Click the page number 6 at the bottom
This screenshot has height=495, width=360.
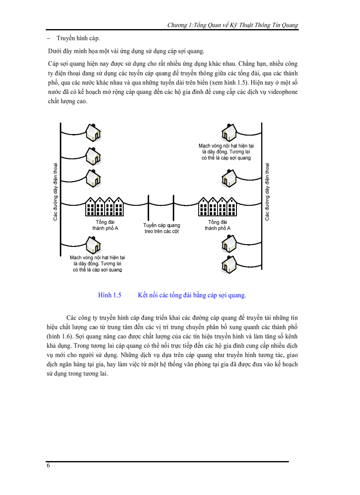48,466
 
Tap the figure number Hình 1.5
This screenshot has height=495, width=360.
109,295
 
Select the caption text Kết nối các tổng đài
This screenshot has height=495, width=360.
191,295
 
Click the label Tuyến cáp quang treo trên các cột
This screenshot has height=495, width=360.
161,228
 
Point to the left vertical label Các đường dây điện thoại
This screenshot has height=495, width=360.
56,191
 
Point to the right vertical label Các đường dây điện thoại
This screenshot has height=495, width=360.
267,191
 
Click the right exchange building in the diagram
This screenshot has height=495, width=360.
218,206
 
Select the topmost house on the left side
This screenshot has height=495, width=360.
94,131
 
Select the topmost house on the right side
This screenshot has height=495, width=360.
229,130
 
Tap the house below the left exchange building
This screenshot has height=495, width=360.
93,244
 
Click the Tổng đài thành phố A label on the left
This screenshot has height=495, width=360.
105,225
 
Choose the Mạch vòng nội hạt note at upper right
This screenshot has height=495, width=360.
226,151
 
